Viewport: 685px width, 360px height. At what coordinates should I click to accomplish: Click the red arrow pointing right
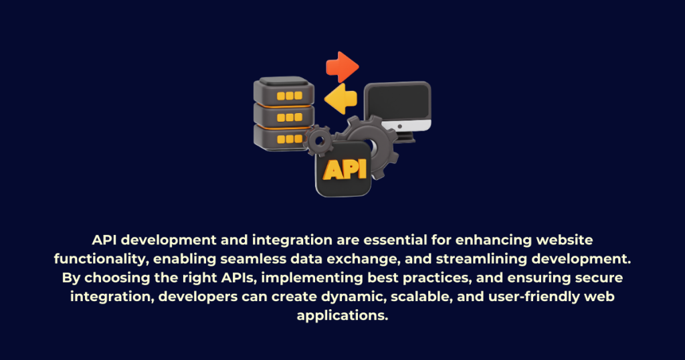(342, 67)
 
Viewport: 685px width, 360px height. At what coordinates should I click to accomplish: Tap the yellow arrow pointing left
(340, 99)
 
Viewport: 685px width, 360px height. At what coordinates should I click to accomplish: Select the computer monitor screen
(397, 102)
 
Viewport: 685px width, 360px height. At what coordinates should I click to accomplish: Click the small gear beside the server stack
(320, 141)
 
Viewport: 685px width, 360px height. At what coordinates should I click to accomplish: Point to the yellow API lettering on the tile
(345, 169)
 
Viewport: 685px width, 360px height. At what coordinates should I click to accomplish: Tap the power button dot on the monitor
(400, 126)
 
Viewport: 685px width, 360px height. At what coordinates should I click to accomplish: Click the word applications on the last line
(342, 315)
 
